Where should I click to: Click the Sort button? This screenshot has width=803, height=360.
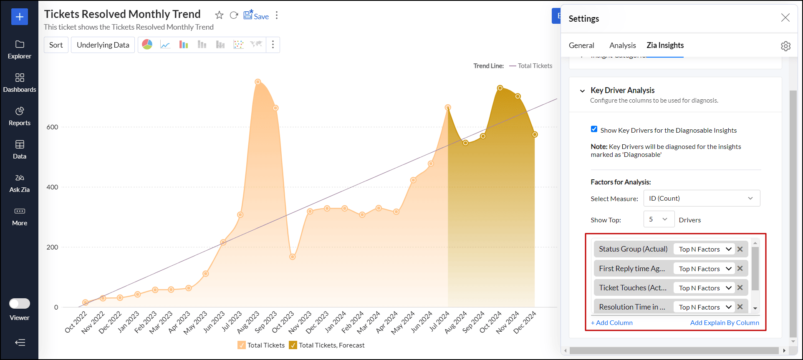56,45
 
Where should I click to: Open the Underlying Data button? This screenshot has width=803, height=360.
103,45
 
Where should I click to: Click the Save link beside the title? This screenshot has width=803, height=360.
256,16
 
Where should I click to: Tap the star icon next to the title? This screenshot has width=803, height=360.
219,15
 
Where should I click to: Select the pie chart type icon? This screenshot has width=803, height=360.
147,45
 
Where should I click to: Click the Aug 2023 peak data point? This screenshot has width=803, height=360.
258,82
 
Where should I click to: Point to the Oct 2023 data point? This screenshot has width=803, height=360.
293,257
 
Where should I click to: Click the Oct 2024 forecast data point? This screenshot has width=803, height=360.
500,88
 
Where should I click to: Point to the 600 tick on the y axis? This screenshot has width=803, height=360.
53,127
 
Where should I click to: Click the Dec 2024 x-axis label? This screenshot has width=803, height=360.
525,322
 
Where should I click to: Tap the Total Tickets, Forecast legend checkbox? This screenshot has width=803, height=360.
293,345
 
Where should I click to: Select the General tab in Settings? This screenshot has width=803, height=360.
581,45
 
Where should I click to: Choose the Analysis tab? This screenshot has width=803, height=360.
622,45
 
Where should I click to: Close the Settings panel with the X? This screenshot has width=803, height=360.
785,18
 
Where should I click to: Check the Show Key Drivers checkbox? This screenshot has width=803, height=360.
594,129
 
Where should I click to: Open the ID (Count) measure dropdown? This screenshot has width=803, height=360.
702,199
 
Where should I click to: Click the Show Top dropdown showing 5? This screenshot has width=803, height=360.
659,219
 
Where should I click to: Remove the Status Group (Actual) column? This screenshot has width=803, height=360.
740,249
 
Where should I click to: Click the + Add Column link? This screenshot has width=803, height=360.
611,323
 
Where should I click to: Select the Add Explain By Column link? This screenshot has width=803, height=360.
725,323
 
